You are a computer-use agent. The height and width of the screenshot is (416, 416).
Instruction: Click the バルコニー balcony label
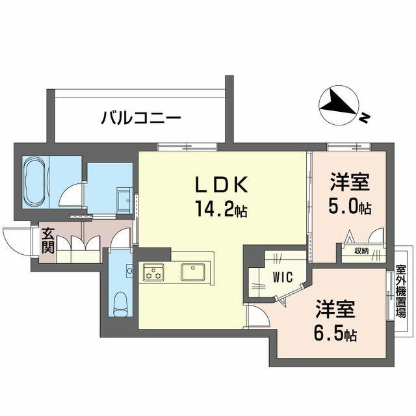140,118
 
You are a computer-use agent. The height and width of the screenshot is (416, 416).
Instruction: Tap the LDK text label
222,184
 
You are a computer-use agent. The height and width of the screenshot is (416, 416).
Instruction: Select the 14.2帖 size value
221,209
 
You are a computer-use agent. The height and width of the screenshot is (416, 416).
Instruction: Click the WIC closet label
283,277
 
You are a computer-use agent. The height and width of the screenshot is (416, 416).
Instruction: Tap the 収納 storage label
362,251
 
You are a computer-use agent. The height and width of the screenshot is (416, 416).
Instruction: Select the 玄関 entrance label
48,240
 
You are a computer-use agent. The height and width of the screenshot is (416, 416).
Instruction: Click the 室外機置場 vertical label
401,291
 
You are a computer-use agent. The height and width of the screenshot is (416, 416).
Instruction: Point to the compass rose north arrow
339,104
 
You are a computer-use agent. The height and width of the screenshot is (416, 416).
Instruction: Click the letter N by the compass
365,118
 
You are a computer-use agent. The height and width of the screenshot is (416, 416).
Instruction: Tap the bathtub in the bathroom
35,182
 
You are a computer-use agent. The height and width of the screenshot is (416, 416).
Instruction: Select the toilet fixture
121,304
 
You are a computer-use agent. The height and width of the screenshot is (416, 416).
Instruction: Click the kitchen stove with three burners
153,272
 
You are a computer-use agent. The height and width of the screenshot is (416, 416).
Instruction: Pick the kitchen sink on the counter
193,272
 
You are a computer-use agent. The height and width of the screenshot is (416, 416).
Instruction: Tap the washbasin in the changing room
124,198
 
